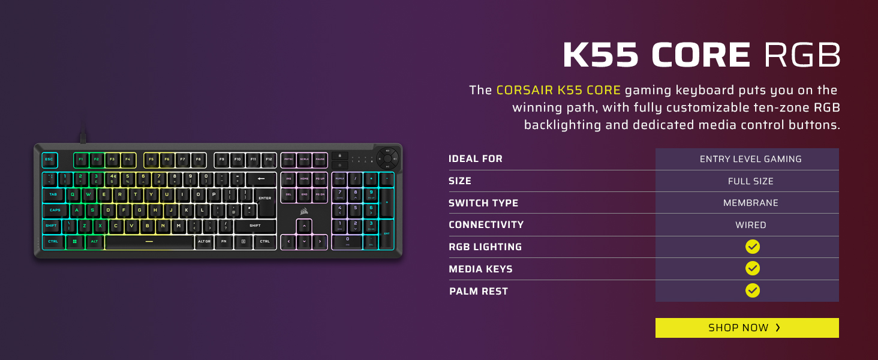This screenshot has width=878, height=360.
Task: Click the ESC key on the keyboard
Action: point(49,160)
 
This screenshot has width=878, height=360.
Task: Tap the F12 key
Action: point(269,160)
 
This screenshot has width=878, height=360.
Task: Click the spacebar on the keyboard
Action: point(149,241)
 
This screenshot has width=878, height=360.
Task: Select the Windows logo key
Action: point(75,241)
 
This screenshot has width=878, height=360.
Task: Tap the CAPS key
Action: point(55,210)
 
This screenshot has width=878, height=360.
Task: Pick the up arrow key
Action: point(304,226)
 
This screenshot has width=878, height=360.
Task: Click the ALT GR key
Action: point(204,241)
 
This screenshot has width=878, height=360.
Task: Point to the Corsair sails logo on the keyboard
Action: point(304,210)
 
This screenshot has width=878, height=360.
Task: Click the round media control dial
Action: point(387,159)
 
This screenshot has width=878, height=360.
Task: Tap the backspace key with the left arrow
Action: point(261,179)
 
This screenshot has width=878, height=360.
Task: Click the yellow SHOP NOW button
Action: point(747,328)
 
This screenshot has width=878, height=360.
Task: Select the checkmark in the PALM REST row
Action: point(753,290)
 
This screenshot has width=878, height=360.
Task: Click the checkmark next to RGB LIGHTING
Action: point(753,247)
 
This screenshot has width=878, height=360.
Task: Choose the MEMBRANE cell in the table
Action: point(750,203)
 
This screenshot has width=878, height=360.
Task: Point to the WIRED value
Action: point(750,225)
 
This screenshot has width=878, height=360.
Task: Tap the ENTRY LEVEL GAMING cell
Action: point(750,159)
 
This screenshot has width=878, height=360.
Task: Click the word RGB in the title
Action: point(801,56)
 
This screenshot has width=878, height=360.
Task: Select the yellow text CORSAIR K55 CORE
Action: point(558,91)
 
